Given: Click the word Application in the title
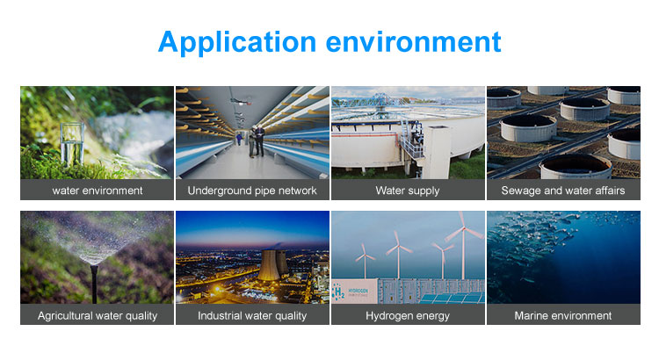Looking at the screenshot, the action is click(x=237, y=42).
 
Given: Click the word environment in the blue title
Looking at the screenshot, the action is click(x=414, y=42).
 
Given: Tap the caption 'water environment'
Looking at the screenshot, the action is click(x=97, y=191).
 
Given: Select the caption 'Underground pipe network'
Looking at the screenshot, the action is click(x=252, y=191).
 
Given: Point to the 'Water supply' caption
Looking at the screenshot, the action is click(x=408, y=191).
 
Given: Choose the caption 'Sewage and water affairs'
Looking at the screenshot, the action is click(x=563, y=191).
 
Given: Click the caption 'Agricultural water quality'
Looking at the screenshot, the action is click(x=97, y=315).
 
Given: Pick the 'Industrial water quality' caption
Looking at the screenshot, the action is click(x=252, y=315).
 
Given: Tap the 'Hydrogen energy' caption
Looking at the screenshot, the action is click(x=408, y=315).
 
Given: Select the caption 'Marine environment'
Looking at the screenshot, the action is click(x=563, y=315).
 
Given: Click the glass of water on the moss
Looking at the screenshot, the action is click(x=72, y=143).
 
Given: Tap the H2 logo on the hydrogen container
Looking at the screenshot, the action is click(x=339, y=292).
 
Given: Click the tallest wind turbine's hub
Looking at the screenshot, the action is click(x=463, y=228).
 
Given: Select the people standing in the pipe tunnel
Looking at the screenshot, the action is click(x=256, y=140).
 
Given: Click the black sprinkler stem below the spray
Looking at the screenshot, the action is click(x=95, y=285).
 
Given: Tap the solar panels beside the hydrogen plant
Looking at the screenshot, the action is click(x=453, y=299).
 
